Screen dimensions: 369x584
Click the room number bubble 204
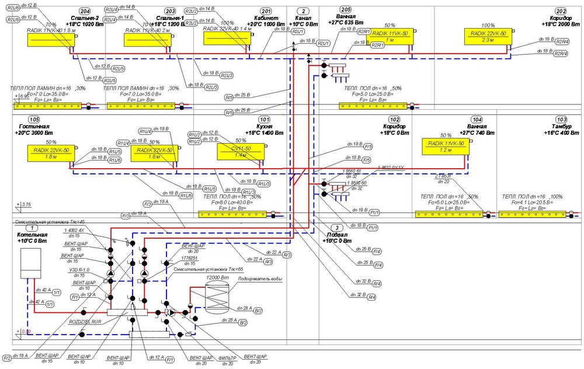84,11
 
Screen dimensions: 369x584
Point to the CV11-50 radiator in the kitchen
240,152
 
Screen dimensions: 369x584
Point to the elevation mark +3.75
25,205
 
